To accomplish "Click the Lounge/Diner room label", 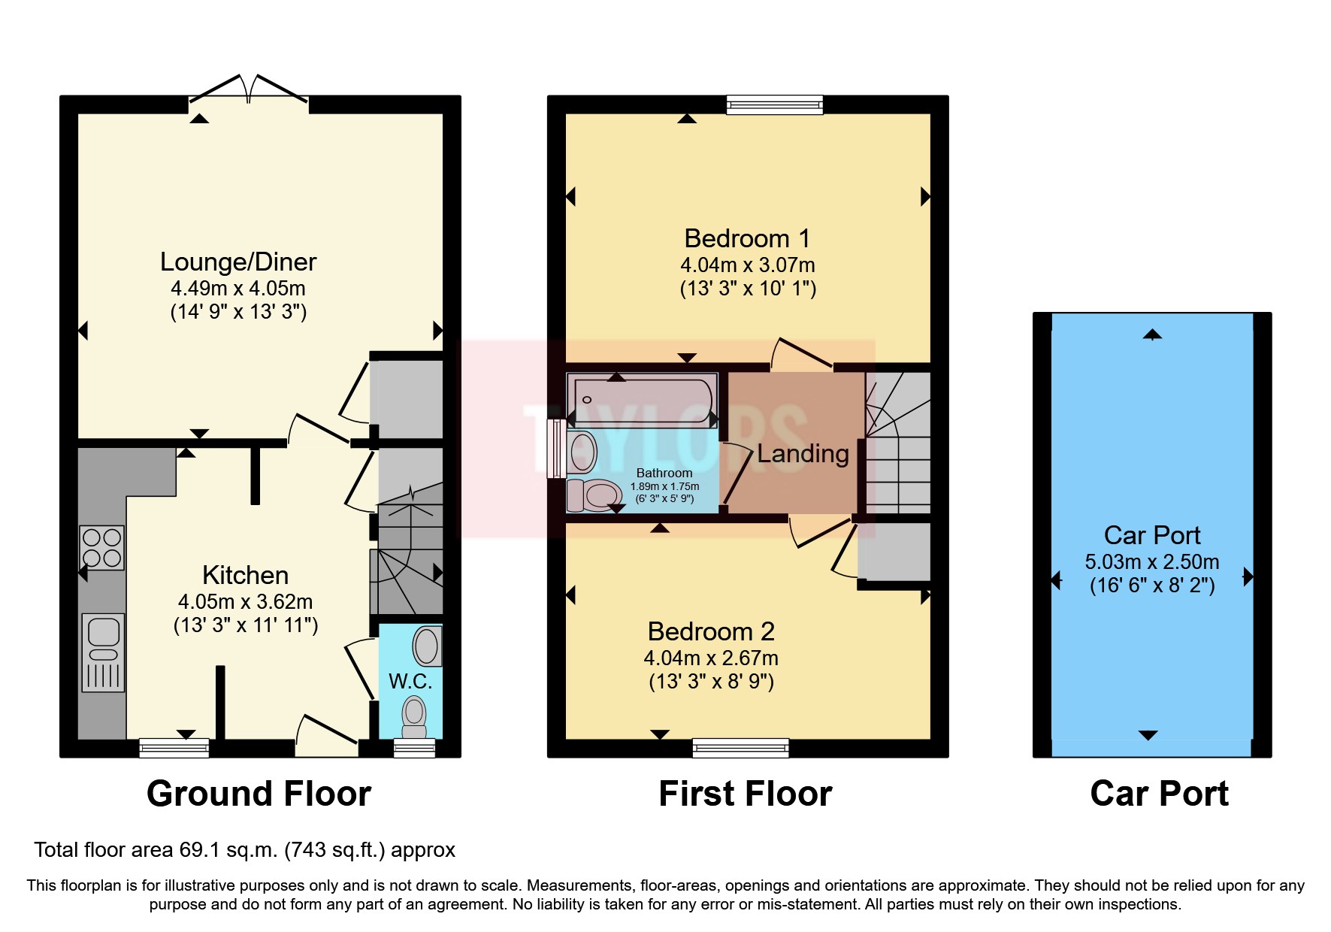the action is coord(238,262).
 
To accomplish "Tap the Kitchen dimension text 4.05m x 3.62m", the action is coord(245,601).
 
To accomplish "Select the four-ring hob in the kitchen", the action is coord(102,547).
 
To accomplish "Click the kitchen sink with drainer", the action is coord(103,652).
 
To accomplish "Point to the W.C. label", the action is coord(410,681).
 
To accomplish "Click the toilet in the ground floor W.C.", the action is coord(414,717).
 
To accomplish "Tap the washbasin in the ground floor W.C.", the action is coord(427,646).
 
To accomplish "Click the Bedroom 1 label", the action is coord(747,238).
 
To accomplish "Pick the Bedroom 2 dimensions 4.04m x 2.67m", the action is coord(711,658).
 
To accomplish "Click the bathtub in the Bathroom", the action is coord(642,400).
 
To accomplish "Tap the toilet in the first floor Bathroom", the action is coord(591,495).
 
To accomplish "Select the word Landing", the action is coord(803,453).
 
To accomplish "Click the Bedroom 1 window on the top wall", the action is coord(774,104).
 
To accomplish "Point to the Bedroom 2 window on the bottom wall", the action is coord(740,747).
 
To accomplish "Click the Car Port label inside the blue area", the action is coord(1152,535).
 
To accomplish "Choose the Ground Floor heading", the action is coord(259,794).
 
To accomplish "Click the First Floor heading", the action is coord(746,794).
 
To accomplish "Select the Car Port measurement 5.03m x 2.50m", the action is coord(1152,561).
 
